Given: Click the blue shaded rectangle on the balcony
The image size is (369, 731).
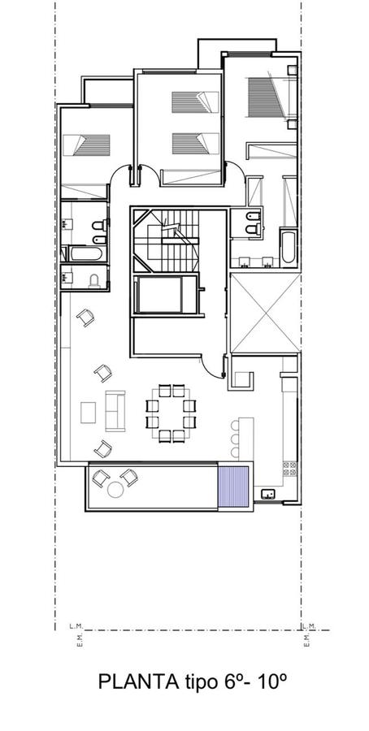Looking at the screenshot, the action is point(234,487).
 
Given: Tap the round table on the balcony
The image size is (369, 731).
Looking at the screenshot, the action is point(115,490).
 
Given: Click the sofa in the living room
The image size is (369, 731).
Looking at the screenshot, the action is point(115,411).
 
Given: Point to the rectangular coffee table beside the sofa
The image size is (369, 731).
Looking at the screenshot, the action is point(88,413).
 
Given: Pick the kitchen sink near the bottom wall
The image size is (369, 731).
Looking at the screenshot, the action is point(268,494).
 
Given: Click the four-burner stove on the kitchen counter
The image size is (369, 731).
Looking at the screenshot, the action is point(289,469).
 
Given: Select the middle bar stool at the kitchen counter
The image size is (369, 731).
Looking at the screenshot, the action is point(235,439).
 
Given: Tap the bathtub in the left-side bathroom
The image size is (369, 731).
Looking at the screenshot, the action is point(85,253).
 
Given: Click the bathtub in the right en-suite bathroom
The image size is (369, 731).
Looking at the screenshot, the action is point(288,245).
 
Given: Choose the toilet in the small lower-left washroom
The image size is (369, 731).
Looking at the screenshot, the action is point(95,281).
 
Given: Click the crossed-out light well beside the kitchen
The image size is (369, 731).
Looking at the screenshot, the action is point(265,314).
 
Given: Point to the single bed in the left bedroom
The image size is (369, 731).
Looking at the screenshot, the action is point(86,145).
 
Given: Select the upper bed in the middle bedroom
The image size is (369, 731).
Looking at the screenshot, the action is point(195,102).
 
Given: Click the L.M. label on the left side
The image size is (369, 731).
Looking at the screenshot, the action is point(75,625).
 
